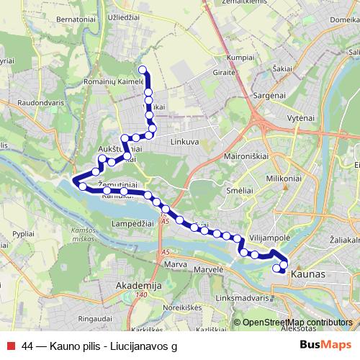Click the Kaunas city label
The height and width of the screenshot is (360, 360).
[x=310, y=275]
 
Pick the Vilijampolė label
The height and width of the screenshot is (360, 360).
[x=269, y=236]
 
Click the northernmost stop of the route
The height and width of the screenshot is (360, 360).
[x=142, y=70]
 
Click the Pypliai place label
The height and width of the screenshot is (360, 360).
[x=24, y=235]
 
